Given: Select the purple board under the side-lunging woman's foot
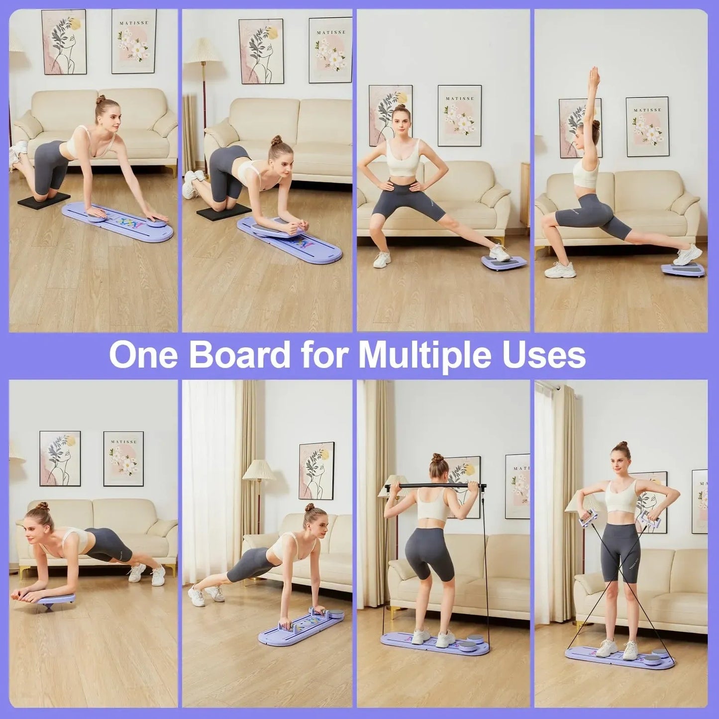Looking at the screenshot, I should (501, 262).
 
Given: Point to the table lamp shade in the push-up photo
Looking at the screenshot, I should (259, 470).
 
